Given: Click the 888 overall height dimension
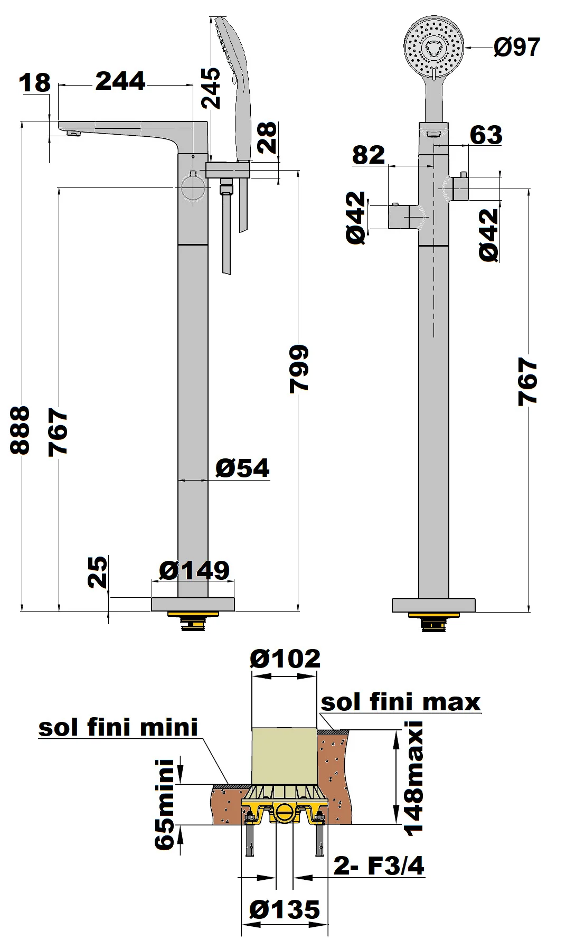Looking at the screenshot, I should click(x=20, y=430).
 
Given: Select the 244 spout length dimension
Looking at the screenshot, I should click(x=120, y=81).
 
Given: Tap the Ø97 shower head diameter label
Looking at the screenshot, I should click(x=517, y=47).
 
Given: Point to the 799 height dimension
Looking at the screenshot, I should click(x=299, y=369).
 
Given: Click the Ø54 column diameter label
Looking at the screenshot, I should click(x=242, y=468).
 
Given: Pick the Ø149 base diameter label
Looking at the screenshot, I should click(x=194, y=570).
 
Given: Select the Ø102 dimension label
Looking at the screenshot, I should click(x=285, y=659).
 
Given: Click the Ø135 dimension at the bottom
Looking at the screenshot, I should click(x=285, y=910).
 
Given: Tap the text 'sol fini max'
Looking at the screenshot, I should click(x=401, y=702).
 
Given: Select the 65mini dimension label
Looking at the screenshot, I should click(x=165, y=805).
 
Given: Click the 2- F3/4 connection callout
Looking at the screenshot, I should click(x=379, y=866).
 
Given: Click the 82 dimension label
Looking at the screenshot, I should click(x=369, y=155).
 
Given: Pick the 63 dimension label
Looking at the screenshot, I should click(x=486, y=135).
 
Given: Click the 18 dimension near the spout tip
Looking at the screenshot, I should click(x=35, y=83).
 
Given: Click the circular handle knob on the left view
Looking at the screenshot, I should click(x=192, y=187).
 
